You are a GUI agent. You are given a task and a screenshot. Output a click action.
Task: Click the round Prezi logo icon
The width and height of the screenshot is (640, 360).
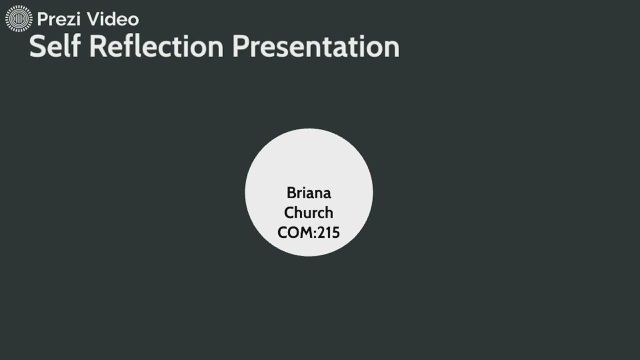[x=18, y=19]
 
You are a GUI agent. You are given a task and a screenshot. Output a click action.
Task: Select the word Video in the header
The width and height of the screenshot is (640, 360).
[x=113, y=19]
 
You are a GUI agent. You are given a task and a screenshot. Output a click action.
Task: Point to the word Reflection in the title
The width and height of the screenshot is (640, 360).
[x=156, y=46]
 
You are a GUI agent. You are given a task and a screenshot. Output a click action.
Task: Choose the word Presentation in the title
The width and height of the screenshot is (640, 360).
[x=315, y=46]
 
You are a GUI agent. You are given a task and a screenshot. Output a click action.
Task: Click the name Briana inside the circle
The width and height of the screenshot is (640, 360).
[x=309, y=192]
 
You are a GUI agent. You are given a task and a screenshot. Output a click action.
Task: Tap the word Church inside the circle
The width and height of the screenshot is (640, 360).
[x=308, y=212]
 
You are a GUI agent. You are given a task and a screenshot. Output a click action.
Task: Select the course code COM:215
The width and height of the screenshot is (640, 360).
[x=308, y=232]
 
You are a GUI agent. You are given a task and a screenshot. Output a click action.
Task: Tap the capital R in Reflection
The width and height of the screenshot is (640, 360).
[x=99, y=46]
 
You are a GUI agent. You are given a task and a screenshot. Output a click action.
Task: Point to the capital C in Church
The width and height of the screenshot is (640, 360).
[x=289, y=212]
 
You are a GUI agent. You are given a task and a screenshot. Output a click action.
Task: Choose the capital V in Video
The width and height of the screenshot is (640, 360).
[x=93, y=19]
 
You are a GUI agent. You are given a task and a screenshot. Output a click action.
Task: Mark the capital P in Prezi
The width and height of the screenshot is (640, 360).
[x=42, y=19]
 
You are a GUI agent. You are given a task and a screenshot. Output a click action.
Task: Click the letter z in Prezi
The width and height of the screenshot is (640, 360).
[x=70, y=20]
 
